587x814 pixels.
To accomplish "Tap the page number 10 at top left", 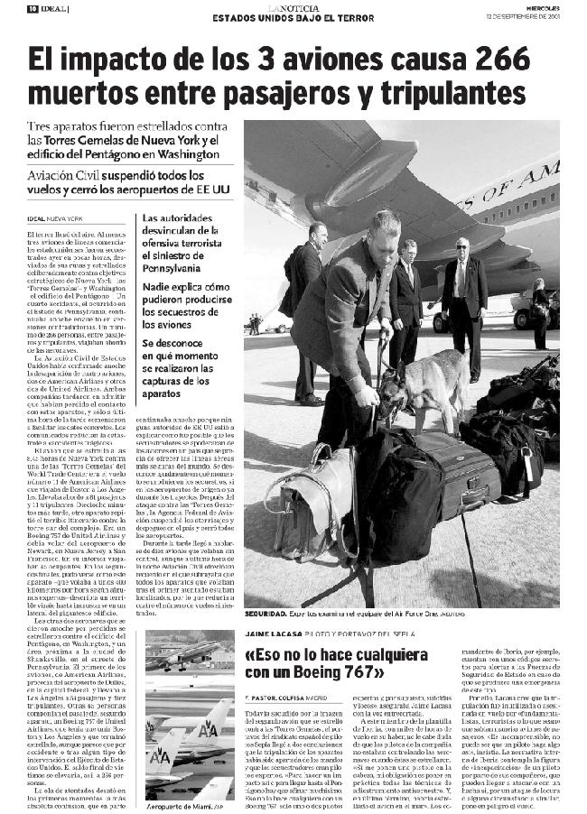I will [x=32, y=9].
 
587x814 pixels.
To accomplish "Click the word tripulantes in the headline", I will [x=450, y=93].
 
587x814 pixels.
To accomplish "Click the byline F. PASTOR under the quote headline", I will [x=261, y=698].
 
